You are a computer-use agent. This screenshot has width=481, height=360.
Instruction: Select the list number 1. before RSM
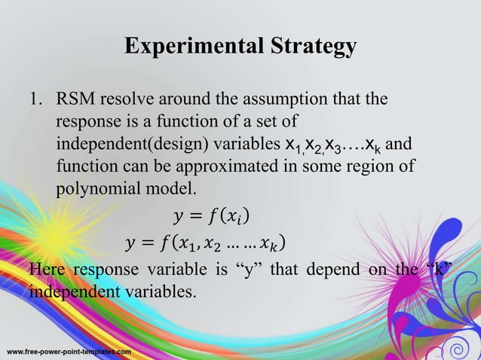[38, 100]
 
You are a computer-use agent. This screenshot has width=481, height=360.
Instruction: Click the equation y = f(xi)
[209, 219]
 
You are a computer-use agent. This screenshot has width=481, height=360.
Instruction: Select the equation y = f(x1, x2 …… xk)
[205, 246]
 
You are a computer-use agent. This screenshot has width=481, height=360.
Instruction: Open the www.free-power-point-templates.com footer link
[69, 352]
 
